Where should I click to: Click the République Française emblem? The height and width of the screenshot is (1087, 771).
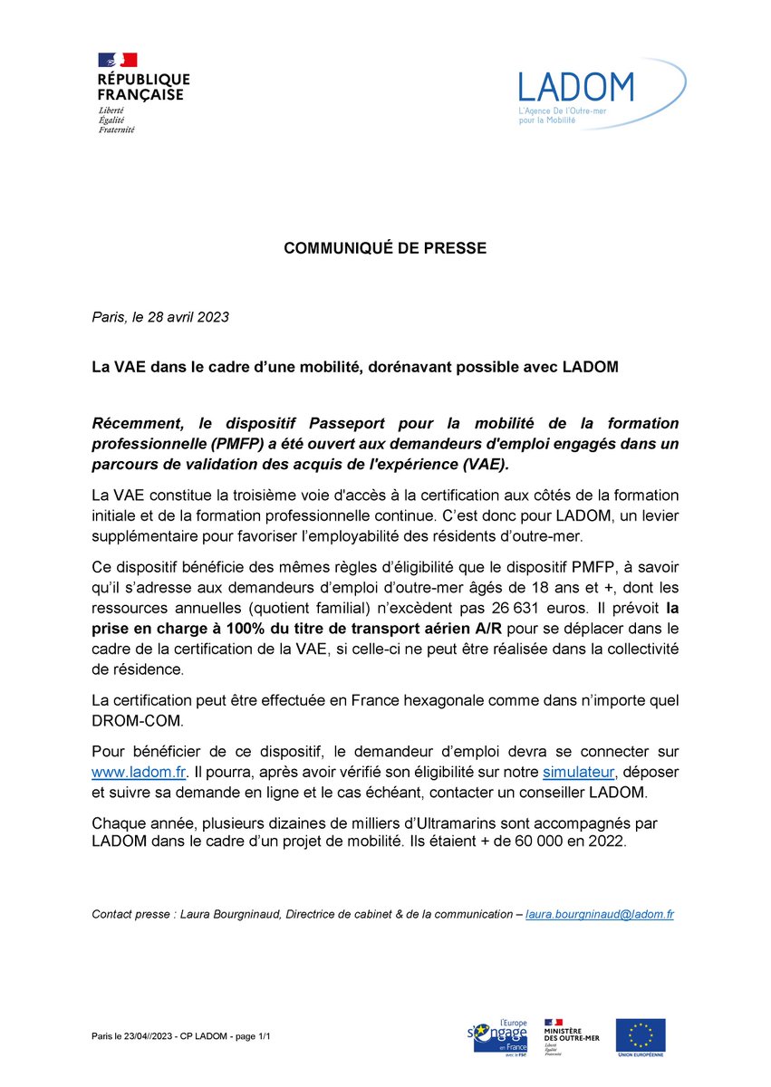pyautogui.click(x=117, y=61)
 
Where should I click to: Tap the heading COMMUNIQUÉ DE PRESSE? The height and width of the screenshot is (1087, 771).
pyautogui.click(x=385, y=248)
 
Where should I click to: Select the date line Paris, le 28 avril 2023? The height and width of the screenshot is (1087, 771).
pyautogui.click(x=160, y=317)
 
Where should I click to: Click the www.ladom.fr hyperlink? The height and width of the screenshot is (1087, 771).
pyautogui.click(x=138, y=772)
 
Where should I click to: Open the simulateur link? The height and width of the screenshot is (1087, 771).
pyautogui.click(x=579, y=772)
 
